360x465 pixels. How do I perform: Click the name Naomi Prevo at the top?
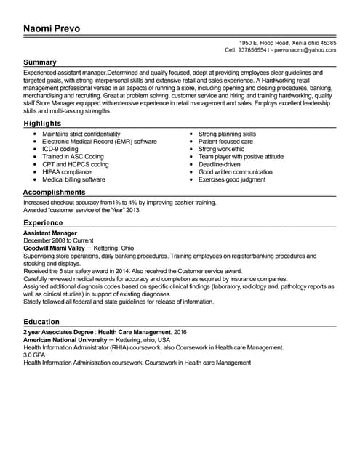pos(51,29)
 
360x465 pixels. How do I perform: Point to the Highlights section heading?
pos(43,124)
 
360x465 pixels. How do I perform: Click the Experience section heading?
pos(43,222)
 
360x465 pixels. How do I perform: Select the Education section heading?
pos(41,322)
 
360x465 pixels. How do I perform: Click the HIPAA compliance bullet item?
pos(67,171)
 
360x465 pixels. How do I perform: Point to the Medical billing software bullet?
pos(73,179)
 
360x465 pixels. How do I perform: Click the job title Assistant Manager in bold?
pos(52,233)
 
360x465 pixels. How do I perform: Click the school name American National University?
pos(65,340)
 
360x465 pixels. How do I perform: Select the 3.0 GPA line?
pos(36,355)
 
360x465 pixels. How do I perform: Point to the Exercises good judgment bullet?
pos(232,179)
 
